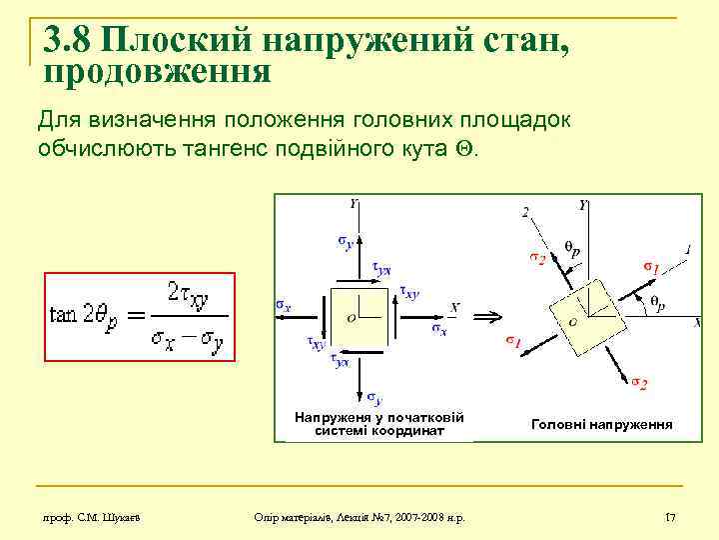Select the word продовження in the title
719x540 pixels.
pos(158,71)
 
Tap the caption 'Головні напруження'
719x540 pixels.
pos(601,424)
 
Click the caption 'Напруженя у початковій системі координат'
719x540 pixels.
pos(379,424)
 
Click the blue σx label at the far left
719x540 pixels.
pos(284,305)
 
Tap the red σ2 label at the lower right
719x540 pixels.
pos(639,382)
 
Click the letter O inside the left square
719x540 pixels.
pos(351,318)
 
